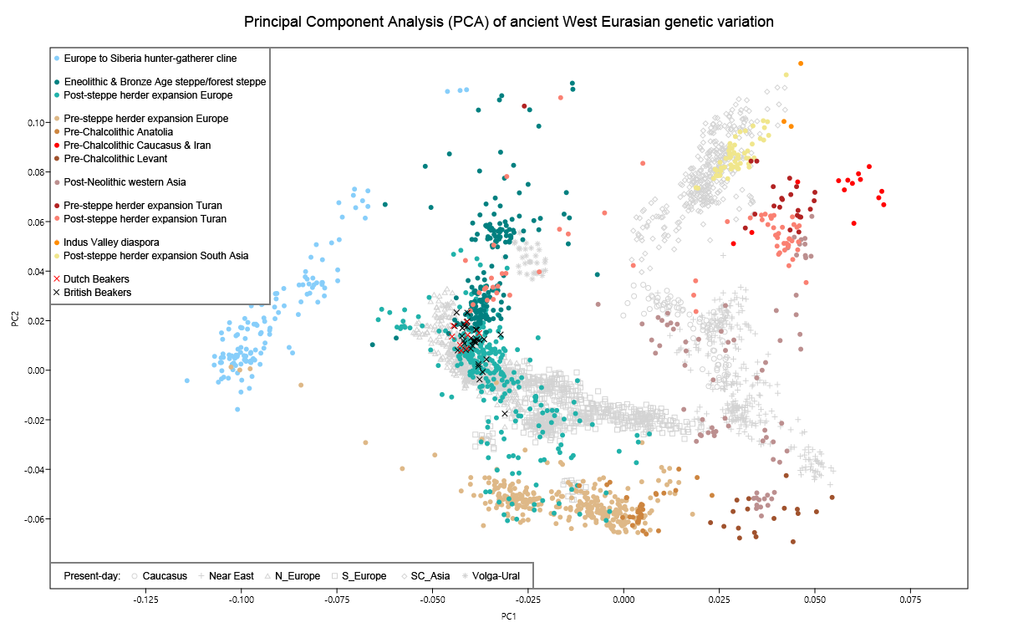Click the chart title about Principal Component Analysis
(509, 22)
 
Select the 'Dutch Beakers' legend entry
(96, 279)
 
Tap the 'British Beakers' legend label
(97, 293)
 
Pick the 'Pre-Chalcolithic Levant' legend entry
(115, 159)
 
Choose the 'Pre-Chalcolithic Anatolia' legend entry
(118, 132)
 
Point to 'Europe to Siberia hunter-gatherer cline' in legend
(150, 59)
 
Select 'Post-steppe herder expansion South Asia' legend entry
(155, 256)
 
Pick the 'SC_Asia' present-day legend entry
(430, 576)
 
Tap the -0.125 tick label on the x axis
(146, 600)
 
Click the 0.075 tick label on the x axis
(910, 600)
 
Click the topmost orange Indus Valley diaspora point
(801, 64)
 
